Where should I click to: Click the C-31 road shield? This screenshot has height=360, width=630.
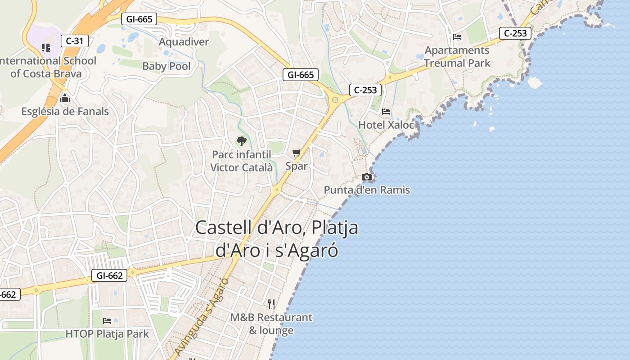[74, 41]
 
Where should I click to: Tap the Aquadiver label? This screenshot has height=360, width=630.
[184, 42]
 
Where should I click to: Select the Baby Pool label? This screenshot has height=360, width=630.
[166, 66]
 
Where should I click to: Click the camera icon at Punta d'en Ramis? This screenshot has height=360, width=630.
[367, 177]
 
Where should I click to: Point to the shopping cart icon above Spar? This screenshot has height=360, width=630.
[296, 153]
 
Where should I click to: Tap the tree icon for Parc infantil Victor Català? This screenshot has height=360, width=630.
[242, 141]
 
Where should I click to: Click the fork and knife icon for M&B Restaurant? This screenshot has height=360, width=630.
[271, 304]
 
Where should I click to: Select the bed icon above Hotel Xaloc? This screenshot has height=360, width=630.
[386, 111]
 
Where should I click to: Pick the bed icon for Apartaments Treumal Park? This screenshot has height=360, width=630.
[457, 37]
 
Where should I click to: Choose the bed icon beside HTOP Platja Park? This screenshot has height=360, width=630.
[107, 321]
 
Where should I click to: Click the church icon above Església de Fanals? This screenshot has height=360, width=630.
[65, 98]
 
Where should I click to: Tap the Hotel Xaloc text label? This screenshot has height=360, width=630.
[386, 125]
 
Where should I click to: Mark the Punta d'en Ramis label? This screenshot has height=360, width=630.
[367, 190]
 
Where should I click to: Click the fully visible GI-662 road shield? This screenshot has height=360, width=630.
[109, 275]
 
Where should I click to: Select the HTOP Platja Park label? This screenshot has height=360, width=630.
[107, 334]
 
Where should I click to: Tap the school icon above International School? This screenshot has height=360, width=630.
[45, 47]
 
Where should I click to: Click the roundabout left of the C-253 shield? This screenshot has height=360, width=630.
[335, 99]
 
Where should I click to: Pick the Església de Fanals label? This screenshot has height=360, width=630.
[65, 111]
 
